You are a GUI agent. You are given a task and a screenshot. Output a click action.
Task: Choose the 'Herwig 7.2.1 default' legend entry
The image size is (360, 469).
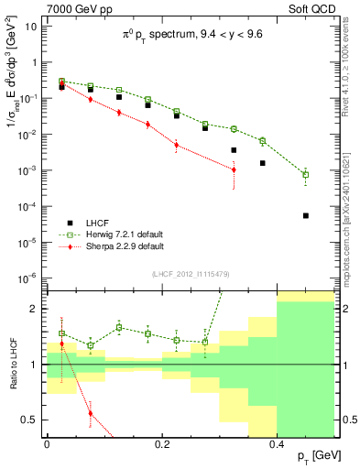123,234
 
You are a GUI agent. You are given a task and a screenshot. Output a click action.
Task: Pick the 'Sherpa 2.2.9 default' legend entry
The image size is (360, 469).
123,246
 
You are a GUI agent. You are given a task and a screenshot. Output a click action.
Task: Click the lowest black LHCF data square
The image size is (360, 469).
306,216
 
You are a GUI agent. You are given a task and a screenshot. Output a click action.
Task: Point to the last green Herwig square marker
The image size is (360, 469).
306,174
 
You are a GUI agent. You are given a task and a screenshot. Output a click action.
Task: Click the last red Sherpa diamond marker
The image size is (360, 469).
234,169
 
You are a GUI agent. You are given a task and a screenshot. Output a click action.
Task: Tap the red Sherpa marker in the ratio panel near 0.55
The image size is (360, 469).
90,413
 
